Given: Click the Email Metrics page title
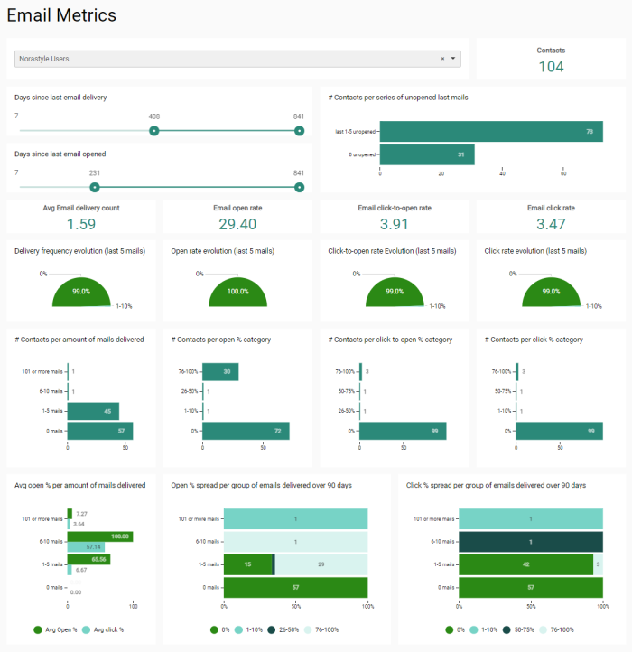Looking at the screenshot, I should pyautogui.click(x=61, y=15).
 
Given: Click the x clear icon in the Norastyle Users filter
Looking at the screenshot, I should pyautogui.click(x=442, y=59).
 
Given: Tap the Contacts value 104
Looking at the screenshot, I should pyautogui.click(x=551, y=66).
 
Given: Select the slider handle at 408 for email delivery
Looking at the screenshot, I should pyautogui.click(x=154, y=130).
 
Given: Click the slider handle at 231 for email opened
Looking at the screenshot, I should pyautogui.click(x=95, y=187).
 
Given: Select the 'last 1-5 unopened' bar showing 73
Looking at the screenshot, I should pyautogui.click(x=491, y=132).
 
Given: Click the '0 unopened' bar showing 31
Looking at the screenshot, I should pyautogui.click(x=427, y=154).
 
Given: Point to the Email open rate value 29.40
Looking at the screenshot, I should pyautogui.click(x=237, y=224).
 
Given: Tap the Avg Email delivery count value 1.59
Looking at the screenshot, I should pyautogui.click(x=81, y=224).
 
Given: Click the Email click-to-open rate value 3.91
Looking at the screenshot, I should pyautogui.click(x=395, y=224).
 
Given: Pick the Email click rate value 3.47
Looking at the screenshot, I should pyautogui.click(x=551, y=224).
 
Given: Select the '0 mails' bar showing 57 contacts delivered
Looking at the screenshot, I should pyautogui.click(x=100, y=431).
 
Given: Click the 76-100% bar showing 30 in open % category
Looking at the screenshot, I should pyautogui.click(x=220, y=371).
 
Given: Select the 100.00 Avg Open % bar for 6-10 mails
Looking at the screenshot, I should pyautogui.click(x=100, y=536).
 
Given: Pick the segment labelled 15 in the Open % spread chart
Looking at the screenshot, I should pyautogui.click(x=248, y=564).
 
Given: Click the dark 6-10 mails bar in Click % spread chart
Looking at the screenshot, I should pyautogui.click(x=530, y=542).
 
